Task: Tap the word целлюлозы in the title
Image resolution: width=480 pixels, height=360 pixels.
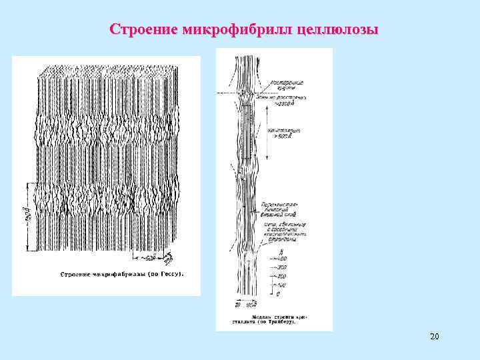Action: [335, 31]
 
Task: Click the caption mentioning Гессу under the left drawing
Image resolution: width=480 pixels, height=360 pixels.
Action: [122, 274]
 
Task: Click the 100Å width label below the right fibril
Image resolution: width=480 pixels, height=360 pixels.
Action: [251, 305]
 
